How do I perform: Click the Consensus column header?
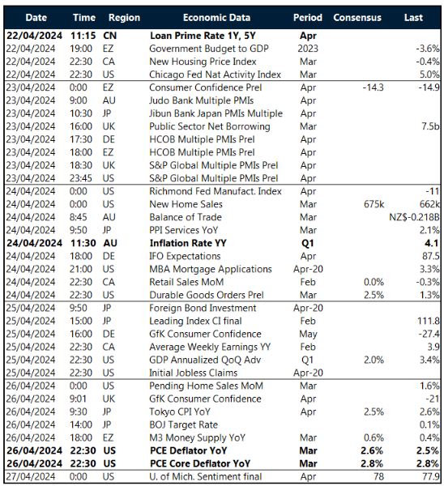point(357,17)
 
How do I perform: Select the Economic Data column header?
point(216,17)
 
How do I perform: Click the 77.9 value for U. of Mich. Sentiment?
point(428,475)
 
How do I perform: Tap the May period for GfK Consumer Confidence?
point(308,333)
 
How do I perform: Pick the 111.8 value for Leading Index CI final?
point(426,320)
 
